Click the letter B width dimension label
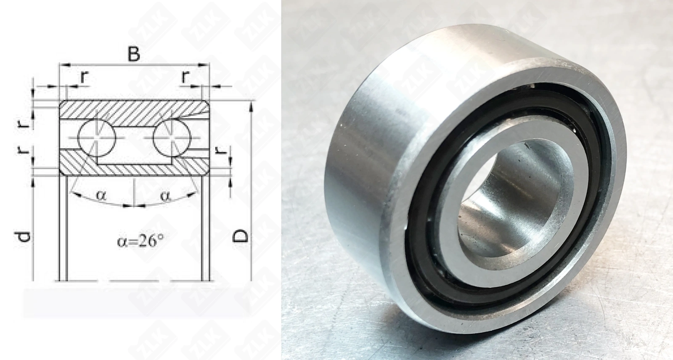(133, 54)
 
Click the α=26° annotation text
(140, 241)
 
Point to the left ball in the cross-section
(96, 138)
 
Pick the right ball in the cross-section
(172, 138)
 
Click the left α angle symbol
(101, 195)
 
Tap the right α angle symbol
(166, 196)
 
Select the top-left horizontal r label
(84, 77)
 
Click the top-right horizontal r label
(185, 77)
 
